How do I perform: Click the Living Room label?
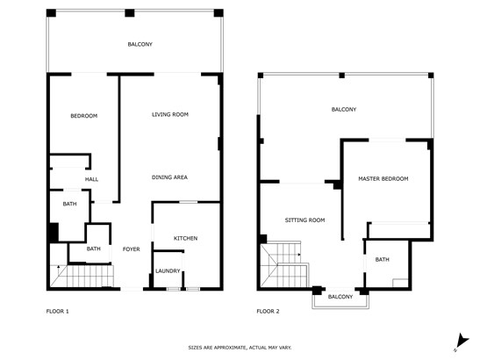click(x=170, y=115)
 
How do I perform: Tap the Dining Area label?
click(x=169, y=177)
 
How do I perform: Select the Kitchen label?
click(x=185, y=238)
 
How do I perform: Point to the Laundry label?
click(x=168, y=270)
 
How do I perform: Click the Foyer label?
click(x=132, y=249)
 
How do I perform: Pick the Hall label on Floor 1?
click(x=91, y=179)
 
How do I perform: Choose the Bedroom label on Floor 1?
click(x=84, y=116)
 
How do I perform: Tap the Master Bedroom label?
click(x=383, y=178)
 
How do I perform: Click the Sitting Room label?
click(x=304, y=220)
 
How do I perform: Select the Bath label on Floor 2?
click(x=383, y=260)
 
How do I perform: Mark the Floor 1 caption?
click(x=58, y=312)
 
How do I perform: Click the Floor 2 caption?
click(x=268, y=312)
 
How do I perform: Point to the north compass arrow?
click(x=462, y=342)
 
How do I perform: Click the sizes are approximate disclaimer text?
click(x=240, y=348)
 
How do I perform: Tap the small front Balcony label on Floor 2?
click(x=340, y=297)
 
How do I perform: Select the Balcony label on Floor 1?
click(x=140, y=44)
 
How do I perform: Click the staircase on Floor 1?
click(x=82, y=276)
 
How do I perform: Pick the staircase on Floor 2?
click(x=284, y=265)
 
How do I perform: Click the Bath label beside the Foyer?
click(x=93, y=248)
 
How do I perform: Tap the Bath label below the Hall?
click(x=70, y=204)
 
